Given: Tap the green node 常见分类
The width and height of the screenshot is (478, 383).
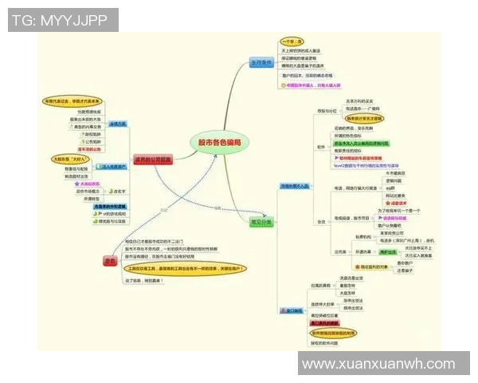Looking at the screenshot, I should tap(261, 221).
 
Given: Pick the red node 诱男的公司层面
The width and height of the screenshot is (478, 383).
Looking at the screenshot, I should tap(154, 160).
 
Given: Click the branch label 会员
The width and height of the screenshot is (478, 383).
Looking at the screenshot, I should tap(321, 221).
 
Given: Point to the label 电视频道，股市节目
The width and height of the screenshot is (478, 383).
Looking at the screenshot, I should tap(351, 217).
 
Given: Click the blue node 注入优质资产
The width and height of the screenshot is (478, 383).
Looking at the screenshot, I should tap(112, 168).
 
